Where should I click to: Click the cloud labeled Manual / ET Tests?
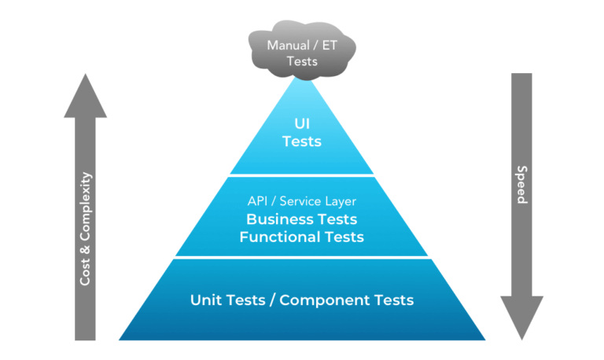[x=302, y=53]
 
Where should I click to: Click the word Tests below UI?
[x=302, y=141]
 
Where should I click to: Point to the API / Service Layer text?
[x=302, y=200]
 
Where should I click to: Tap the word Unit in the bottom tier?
[x=206, y=299]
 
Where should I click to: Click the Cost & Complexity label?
[x=86, y=228]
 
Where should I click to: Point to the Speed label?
[x=521, y=185]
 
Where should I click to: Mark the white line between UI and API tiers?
[x=302, y=174]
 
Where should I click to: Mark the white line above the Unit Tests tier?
[x=302, y=257]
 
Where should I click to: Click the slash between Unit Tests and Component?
[x=272, y=299]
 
